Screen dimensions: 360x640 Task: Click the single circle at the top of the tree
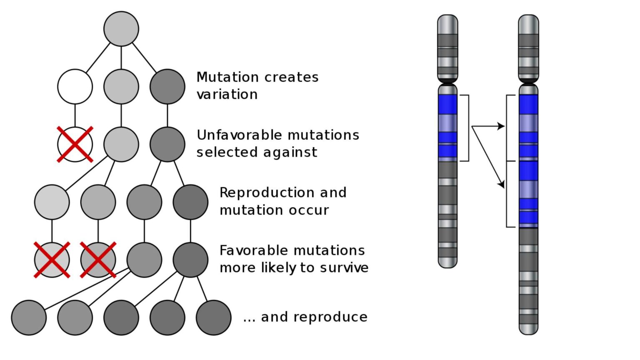tap(121, 29)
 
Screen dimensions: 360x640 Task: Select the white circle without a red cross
tap(75, 87)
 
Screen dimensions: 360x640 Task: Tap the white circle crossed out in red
tap(75, 145)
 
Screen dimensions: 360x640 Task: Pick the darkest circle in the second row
tap(167, 87)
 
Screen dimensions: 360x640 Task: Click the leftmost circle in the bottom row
tap(29, 317)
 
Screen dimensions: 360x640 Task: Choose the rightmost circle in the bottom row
tap(213, 317)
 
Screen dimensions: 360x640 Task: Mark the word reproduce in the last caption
tap(330, 317)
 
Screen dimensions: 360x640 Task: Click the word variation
tap(227, 95)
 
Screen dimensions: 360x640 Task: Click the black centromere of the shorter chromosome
tap(448, 81)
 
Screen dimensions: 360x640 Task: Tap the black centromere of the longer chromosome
tap(528, 81)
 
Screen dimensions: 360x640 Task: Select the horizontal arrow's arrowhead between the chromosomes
tap(501, 126)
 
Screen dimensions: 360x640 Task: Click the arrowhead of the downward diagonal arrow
tap(502, 184)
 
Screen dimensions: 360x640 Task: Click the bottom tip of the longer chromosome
tap(528, 332)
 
